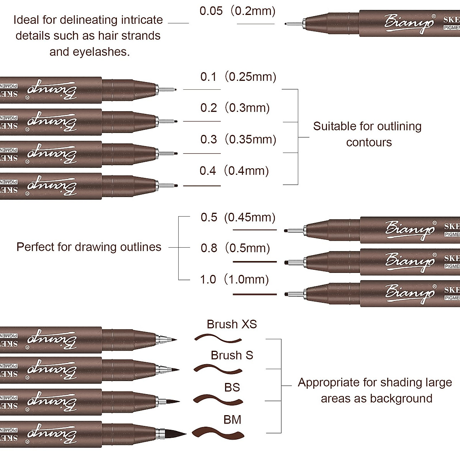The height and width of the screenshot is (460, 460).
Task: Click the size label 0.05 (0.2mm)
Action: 238,11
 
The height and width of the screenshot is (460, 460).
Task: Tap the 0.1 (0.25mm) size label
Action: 238,77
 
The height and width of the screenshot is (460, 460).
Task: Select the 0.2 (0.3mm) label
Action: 235,108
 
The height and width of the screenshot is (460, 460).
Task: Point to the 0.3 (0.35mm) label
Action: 238,140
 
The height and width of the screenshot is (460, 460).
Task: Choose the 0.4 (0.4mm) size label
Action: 234,171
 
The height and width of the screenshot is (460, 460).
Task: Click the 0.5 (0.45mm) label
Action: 238,218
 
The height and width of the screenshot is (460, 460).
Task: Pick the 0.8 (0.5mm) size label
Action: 235,248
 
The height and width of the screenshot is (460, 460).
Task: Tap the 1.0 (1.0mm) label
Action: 235,280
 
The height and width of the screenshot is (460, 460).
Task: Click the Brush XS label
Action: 232,324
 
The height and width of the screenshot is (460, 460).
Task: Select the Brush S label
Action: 232,355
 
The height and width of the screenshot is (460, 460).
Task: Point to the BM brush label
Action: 232,420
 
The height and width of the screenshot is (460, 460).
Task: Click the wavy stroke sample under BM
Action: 217,433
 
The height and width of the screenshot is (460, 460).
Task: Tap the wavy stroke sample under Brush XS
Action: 218,338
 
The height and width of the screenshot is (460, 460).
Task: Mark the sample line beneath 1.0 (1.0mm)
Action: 255,294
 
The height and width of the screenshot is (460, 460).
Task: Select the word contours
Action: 369,143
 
